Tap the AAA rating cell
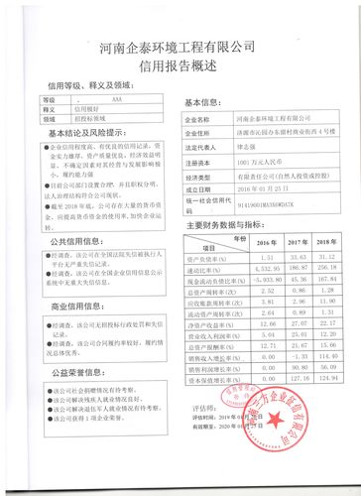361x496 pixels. pyautogui.click(x=118, y=101)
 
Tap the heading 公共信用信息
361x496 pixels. pyautogui.click(x=69, y=240)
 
